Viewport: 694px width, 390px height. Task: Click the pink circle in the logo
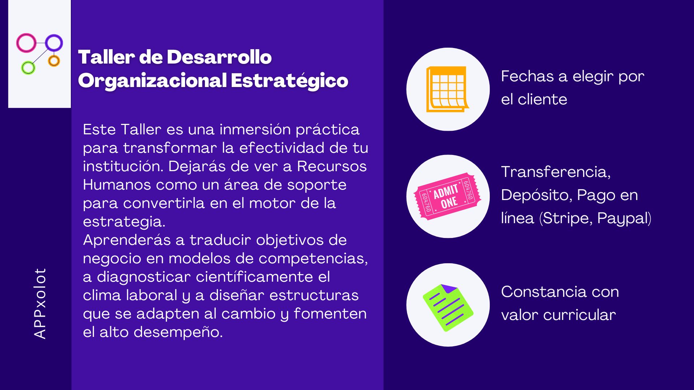coord(18,43)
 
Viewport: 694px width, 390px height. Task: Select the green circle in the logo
coord(23,68)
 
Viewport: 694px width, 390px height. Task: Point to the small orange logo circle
coord(50,61)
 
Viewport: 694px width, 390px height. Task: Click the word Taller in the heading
coord(106,57)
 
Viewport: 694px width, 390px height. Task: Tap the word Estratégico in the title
coord(290,81)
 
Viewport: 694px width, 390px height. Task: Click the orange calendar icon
coord(447,89)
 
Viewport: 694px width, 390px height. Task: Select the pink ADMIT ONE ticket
coord(447,196)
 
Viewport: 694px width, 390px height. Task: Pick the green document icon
coord(448,308)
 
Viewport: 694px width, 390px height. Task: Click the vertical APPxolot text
coord(40,303)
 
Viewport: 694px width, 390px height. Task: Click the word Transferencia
coord(556,172)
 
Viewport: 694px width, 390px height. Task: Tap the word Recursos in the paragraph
coord(332,166)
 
